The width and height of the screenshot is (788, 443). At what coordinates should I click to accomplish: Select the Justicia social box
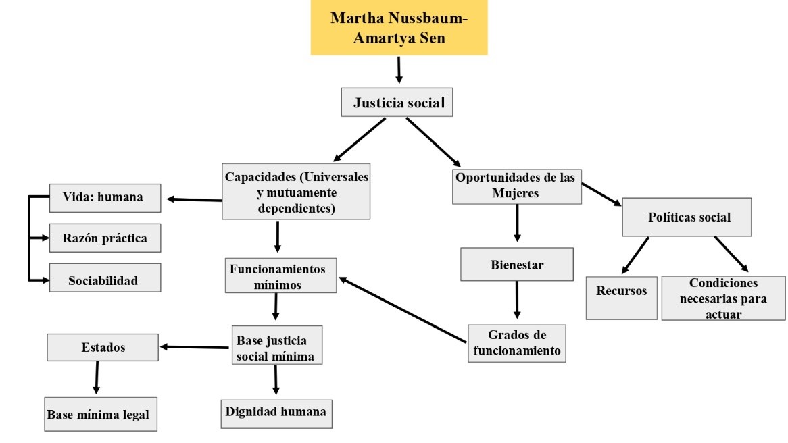(x=396, y=103)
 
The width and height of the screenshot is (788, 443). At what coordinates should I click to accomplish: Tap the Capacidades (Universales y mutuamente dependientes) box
(x=296, y=192)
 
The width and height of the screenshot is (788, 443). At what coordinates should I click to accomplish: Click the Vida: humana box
(x=105, y=198)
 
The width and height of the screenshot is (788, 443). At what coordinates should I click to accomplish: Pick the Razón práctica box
(x=105, y=238)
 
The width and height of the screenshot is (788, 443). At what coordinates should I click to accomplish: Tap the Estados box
(x=102, y=348)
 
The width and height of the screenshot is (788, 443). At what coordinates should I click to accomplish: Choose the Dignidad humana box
(x=276, y=411)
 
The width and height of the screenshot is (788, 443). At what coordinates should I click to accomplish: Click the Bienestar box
(x=516, y=264)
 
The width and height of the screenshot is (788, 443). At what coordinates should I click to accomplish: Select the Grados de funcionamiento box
(x=516, y=342)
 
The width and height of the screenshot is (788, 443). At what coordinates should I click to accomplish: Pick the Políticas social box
(x=686, y=217)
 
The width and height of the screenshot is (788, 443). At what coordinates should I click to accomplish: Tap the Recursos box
(x=621, y=297)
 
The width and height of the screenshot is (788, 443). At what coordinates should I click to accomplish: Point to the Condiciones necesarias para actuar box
(x=723, y=298)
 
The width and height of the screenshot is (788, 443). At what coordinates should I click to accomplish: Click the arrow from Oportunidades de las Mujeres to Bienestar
(x=517, y=222)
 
